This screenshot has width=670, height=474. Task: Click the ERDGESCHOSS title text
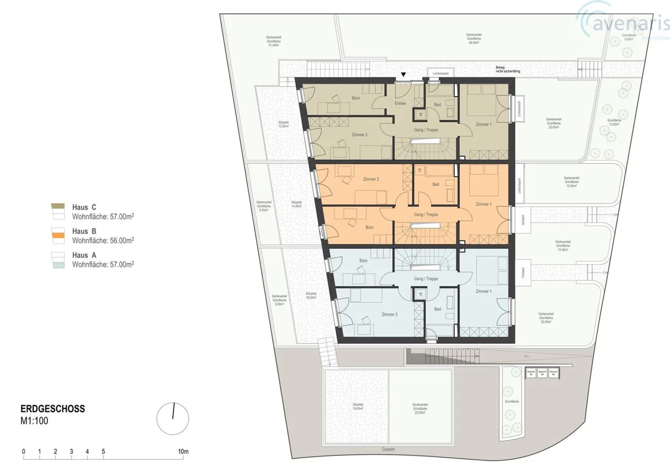[53, 409]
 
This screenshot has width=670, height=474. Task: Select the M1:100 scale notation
[34, 421]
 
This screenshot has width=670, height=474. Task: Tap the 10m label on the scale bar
[183, 452]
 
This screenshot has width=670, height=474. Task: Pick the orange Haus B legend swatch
[58, 236]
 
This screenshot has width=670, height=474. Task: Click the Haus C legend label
[84, 208]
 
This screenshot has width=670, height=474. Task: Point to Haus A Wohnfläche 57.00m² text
[103, 264]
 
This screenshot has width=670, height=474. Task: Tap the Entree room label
[400, 103]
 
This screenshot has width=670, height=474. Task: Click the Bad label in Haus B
[435, 184]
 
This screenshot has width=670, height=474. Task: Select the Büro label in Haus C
[355, 98]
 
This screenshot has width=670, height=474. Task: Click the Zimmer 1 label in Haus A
[483, 291]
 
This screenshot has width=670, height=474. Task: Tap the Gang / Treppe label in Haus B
[426, 215]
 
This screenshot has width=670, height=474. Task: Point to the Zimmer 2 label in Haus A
[389, 315]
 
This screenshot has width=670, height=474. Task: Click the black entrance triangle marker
[403, 74]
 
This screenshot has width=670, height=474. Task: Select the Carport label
[388, 449]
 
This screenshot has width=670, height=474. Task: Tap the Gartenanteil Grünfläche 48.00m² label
[474, 38]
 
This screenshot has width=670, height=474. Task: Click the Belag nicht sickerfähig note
[508, 69]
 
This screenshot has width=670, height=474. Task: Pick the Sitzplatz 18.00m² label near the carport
[357, 406]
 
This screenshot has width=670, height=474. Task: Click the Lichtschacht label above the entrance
[441, 74]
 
